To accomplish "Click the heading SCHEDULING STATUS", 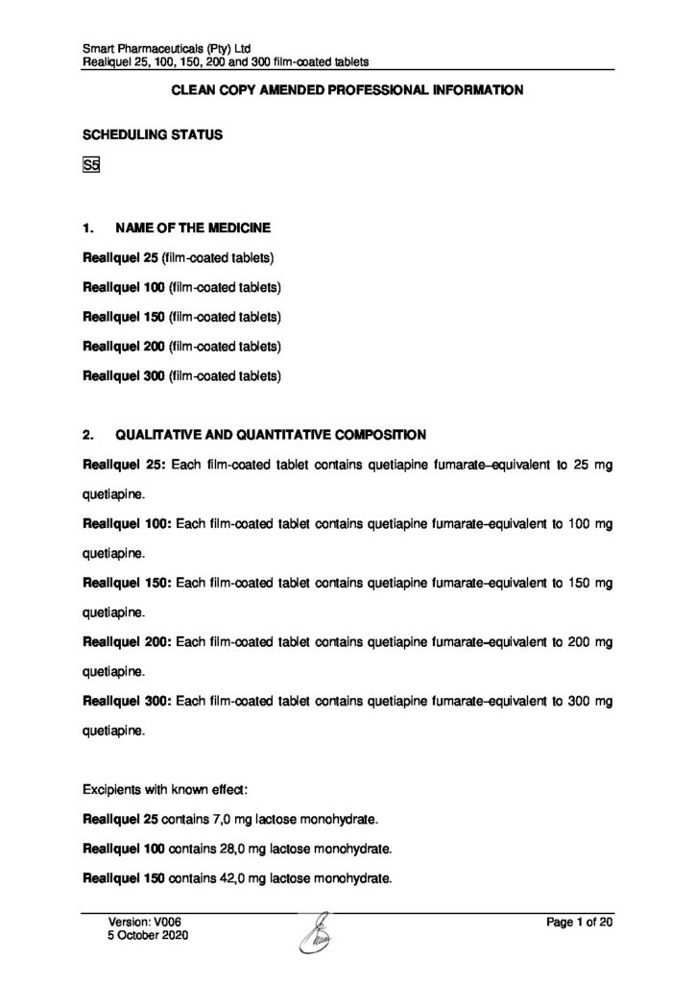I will point(153,135).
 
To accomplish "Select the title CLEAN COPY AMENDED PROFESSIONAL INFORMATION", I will point(347,90).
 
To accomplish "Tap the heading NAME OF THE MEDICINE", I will point(192,228).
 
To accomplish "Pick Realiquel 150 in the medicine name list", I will point(125,316).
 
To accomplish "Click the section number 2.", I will point(88,435).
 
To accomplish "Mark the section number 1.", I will point(88,228).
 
